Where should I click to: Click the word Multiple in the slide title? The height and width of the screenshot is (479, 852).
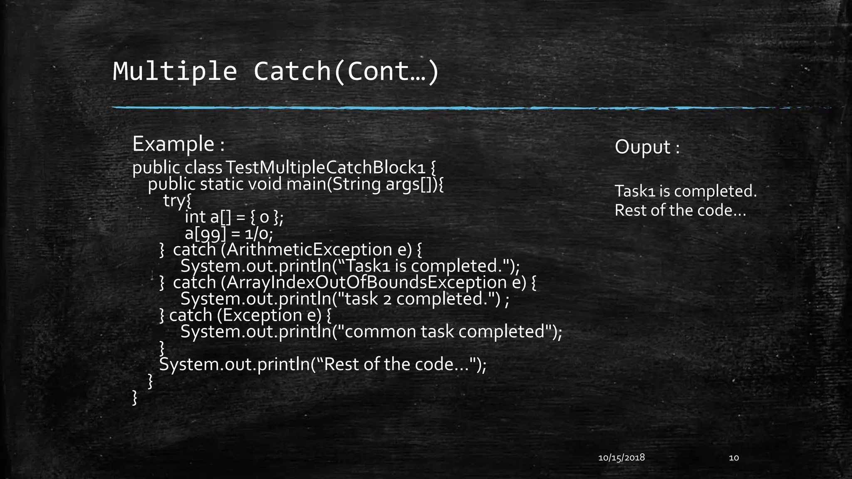coord(175,72)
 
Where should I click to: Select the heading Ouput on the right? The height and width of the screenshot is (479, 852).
coord(643,147)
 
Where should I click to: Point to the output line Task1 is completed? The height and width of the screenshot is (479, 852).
coord(686,191)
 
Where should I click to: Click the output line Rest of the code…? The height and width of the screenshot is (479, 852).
coord(680,210)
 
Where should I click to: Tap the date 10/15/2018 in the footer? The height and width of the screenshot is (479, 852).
coord(621,458)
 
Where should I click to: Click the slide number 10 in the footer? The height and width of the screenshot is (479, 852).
coord(734,458)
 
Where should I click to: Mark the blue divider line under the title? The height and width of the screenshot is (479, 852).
coord(416,108)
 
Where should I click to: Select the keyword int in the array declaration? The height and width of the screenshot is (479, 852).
coord(195,217)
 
